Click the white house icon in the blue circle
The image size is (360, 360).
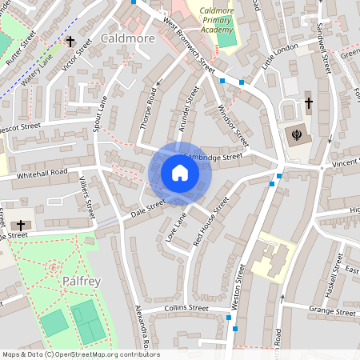click(180, 173)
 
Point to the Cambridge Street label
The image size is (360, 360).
click(213, 156)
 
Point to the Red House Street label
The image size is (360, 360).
click(210, 219)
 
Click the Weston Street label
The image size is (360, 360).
click(242, 289)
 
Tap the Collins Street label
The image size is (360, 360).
click(186, 308)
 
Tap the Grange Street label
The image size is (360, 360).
click(331, 310)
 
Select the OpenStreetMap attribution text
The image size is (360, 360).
click(80, 354)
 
